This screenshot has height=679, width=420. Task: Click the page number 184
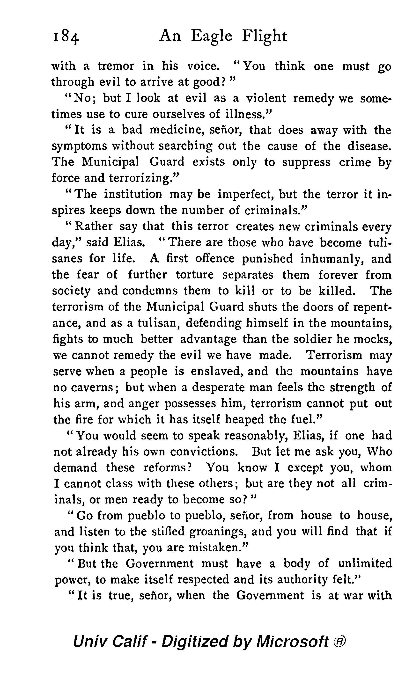point(66,37)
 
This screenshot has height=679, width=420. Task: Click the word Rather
point(94,226)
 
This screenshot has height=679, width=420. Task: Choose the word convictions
point(204,452)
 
